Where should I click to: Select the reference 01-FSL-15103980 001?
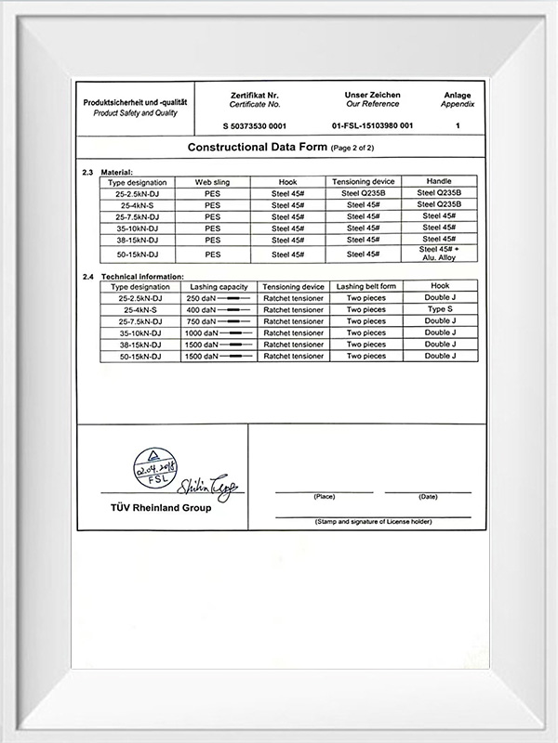[x=372, y=124]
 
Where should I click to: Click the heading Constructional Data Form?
[x=258, y=148]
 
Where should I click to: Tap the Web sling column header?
[x=212, y=182]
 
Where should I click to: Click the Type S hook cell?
[x=441, y=309]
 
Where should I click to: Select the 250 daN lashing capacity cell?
[x=219, y=298]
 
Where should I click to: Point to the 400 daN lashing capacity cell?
[x=219, y=309]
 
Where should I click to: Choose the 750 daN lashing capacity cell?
[x=219, y=321]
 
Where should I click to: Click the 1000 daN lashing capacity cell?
[x=219, y=332]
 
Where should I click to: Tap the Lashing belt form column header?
[x=366, y=287]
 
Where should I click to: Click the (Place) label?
[x=325, y=497]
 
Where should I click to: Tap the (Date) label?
[x=428, y=497]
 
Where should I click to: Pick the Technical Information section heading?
[x=141, y=277]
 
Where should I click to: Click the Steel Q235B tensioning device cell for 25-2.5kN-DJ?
[x=363, y=193]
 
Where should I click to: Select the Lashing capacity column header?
[x=219, y=287]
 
